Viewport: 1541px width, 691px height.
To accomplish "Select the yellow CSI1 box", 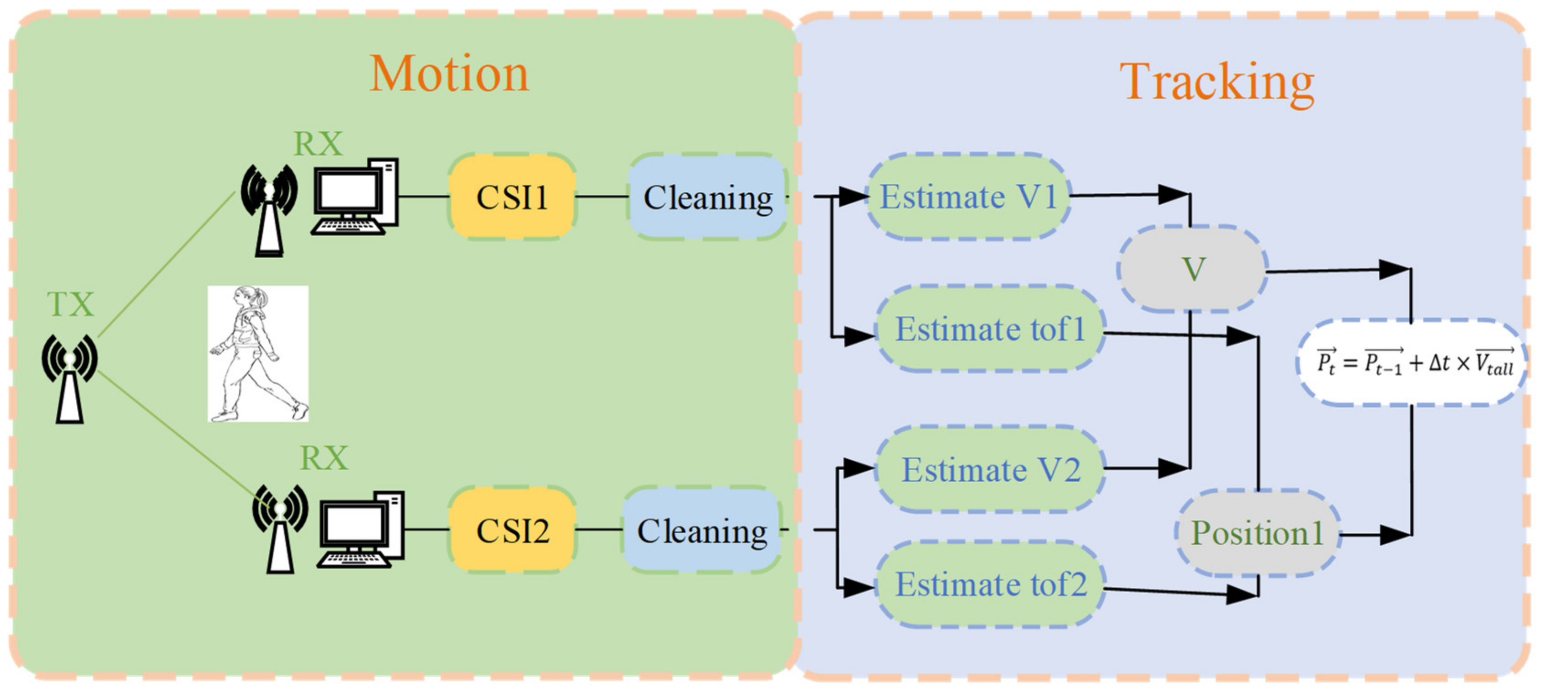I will pyautogui.click(x=512, y=197).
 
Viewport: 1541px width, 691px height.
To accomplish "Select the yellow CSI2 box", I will pyautogui.click(x=512, y=530).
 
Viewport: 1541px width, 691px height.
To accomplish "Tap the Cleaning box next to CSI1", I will pyautogui.click(x=707, y=197).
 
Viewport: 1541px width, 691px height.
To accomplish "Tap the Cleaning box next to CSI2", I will pyautogui.click(x=702, y=530).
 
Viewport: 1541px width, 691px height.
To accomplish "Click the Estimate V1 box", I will pyautogui.click(x=968, y=197).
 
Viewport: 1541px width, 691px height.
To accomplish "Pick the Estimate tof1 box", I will pyautogui.click(x=990, y=329).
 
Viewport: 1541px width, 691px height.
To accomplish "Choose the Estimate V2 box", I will pyautogui.click(x=990, y=470).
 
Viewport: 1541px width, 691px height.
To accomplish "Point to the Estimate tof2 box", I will pyautogui.click(x=990, y=584).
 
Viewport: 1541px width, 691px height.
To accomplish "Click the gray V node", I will pyautogui.click(x=1192, y=269).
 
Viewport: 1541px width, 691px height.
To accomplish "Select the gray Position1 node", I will pyautogui.click(x=1256, y=532).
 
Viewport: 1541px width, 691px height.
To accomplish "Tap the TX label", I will pyautogui.click(x=70, y=304).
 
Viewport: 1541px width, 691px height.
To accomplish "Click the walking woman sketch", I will pyautogui.click(x=258, y=354).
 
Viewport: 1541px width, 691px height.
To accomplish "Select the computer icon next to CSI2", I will pyautogui.click(x=361, y=530).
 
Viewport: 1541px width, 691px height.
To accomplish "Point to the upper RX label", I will pyautogui.click(x=318, y=144).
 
